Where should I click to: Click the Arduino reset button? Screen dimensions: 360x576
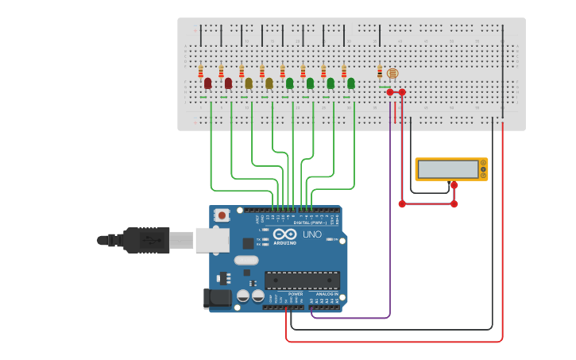(x=222, y=215)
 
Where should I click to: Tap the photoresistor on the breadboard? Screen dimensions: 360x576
(x=392, y=73)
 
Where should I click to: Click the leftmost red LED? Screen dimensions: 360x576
(x=207, y=83)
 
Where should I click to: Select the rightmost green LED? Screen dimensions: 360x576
(x=350, y=83)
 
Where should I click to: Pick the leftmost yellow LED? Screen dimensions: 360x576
(x=249, y=83)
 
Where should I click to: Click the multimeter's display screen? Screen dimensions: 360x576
(x=447, y=169)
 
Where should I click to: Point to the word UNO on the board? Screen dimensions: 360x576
(x=311, y=234)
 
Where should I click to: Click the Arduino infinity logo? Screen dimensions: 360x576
(x=284, y=234)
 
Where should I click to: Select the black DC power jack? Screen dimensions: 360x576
(x=217, y=299)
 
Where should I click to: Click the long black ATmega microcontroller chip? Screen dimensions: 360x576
(x=302, y=280)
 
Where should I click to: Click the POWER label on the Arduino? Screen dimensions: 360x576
(x=295, y=294)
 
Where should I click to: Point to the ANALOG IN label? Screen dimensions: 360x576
(x=327, y=294)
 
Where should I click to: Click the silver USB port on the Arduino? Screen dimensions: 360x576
(x=212, y=240)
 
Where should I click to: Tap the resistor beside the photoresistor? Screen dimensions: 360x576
(x=380, y=72)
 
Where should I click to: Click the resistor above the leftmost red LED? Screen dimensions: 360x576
(x=200, y=71)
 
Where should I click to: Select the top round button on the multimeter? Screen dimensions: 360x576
(x=482, y=164)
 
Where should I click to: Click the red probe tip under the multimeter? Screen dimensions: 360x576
(x=454, y=185)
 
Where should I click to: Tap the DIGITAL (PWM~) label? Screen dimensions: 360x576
(x=310, y=223)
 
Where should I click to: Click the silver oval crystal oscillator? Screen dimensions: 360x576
(x=246, y=260)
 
